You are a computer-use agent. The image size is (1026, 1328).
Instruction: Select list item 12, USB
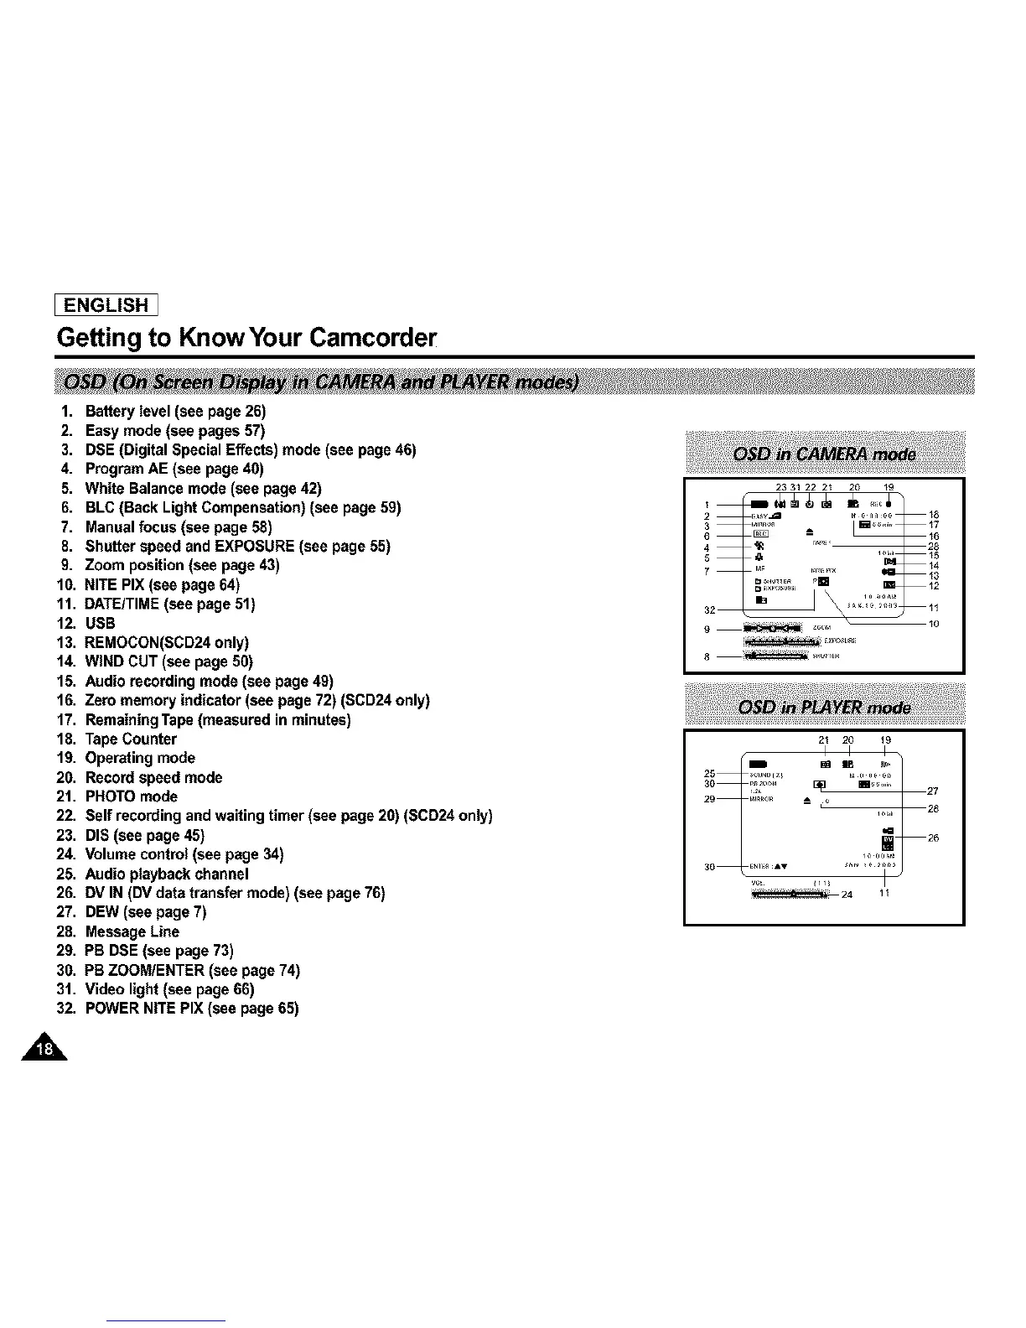coord(100,623)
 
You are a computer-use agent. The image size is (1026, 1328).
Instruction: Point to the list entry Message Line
coord(132,931)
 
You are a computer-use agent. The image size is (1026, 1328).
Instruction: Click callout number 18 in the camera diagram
coord(934,515)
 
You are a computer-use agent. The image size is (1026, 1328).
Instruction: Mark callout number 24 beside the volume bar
coord(847,895)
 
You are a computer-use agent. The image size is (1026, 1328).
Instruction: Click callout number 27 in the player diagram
coord(934,791)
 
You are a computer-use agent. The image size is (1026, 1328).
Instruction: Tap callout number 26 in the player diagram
coord(934,838)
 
